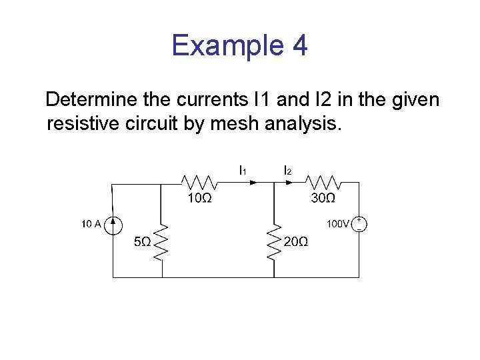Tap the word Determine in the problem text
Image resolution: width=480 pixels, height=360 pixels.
[89, 100]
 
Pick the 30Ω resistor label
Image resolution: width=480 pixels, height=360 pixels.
[323, 199]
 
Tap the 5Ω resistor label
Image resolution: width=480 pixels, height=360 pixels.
[143, 242]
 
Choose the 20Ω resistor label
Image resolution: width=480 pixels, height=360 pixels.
[295, 242]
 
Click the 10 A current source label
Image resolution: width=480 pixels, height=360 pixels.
[91, 224]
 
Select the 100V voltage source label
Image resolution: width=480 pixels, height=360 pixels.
[337, 224]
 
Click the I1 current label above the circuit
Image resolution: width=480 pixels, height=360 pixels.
[243, 171]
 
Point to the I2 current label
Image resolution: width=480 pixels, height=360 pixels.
[287, 171]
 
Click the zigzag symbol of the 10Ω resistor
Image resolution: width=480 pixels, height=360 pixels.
[198, 181]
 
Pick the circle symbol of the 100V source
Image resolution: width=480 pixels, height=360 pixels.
[359, 224]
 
